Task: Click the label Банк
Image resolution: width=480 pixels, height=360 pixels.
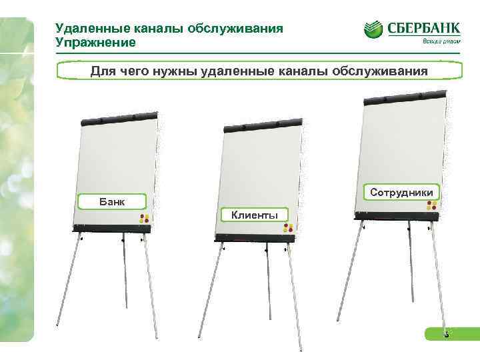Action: point(111,201)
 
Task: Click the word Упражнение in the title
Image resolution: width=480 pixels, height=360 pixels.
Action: point(96,43)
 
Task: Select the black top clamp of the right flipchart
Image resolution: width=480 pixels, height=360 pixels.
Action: point(404,94)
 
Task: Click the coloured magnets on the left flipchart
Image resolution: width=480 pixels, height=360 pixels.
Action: point(143,218)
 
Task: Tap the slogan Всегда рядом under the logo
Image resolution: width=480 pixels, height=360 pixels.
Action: point(437,41)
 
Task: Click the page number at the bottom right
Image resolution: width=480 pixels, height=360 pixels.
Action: point(447,335)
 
